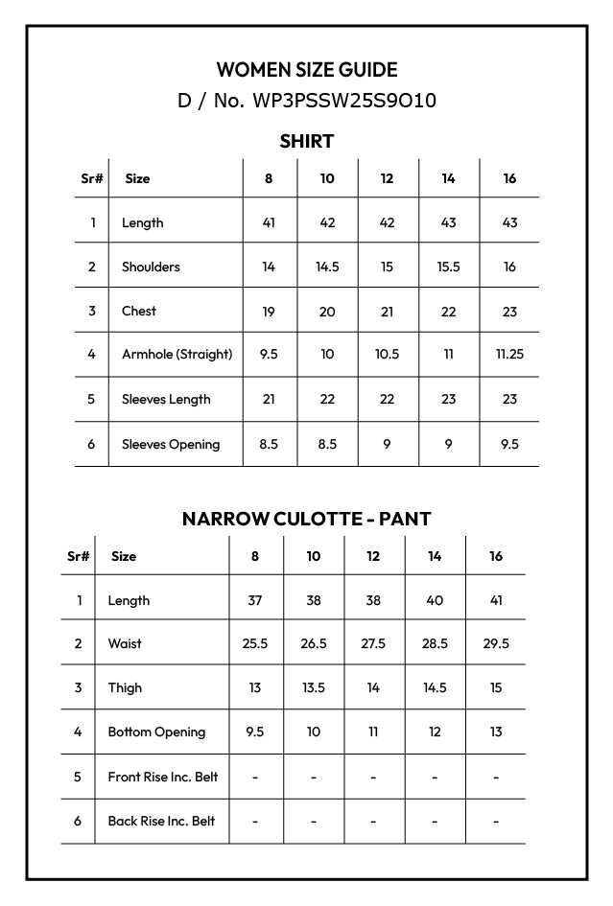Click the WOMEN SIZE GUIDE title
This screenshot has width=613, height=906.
[307, 70]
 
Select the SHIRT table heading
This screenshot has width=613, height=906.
[307, 142]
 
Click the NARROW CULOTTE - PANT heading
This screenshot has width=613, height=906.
[307, 519]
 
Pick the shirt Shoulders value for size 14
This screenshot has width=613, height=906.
[448, 267]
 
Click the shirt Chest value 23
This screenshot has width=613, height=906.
[509, 311]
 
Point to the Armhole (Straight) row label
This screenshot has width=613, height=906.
[177, 354]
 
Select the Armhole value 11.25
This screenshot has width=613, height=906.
[509, 354]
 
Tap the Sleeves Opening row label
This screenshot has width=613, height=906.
[170, 444]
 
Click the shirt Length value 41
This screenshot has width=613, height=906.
[269, 222]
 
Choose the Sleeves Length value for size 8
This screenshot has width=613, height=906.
[269, 399]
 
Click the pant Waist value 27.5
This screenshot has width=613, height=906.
[373, 643]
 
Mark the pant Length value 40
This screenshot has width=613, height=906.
[435, 600]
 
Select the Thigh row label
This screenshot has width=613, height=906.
[125, 687]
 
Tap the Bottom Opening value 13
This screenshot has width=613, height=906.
[496, 732]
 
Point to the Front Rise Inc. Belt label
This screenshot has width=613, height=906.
[162, 777]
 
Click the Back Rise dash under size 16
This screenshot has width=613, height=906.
[496, 821]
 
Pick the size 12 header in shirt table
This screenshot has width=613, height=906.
[387, 178]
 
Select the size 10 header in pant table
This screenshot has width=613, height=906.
[314, 556]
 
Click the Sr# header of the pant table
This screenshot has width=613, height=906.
[79, 556]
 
